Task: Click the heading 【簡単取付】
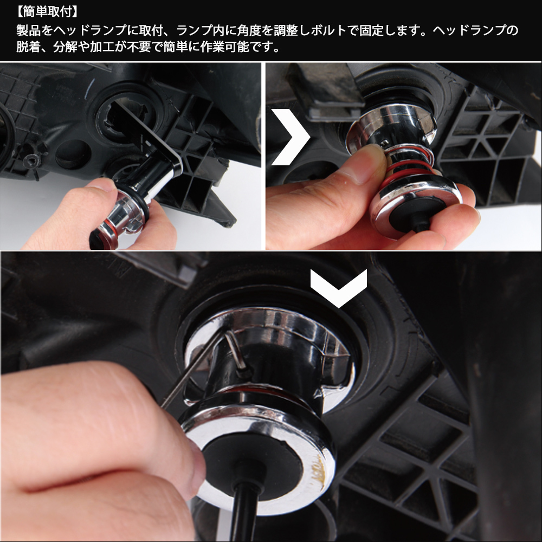[x=47, y=12]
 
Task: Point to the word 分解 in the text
[x=66, y=47]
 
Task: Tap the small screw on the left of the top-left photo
[x=33, y=160]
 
